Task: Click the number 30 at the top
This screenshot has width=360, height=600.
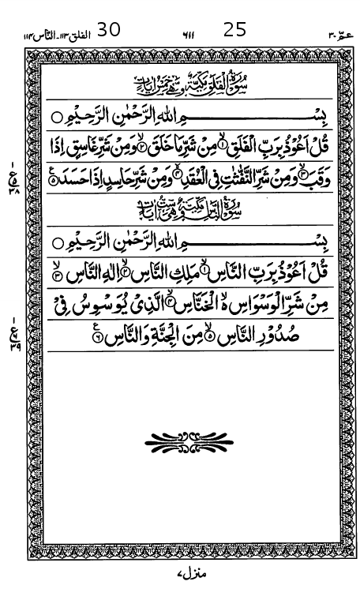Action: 108,30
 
